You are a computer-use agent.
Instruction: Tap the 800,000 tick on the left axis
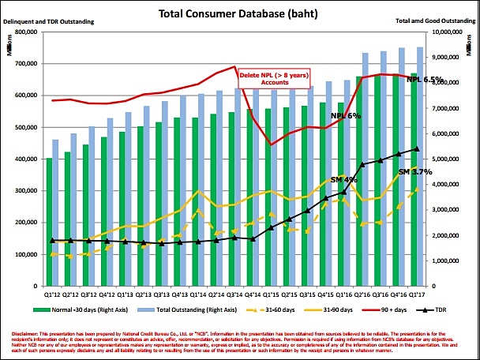click(26, 32)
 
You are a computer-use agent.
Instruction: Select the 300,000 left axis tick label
click(26, 190)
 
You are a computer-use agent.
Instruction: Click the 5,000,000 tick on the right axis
click(450, 159)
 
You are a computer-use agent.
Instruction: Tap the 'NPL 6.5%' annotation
click(424, 80)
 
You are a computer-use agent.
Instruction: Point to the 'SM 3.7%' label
click(415, 171)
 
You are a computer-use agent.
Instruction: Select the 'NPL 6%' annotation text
click(347, 115)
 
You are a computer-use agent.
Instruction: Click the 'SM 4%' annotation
click(344, 180)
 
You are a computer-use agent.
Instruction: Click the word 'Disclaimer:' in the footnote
click(20, 325)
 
